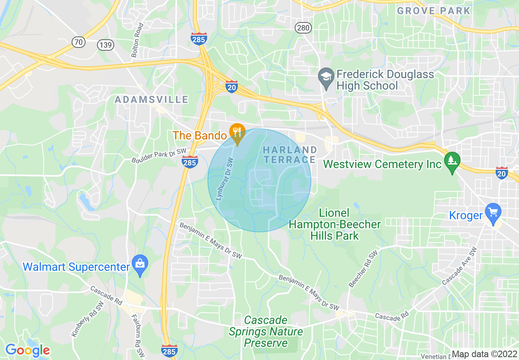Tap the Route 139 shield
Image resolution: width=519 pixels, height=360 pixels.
pos(106,45)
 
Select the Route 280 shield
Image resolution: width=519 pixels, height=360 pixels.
pos(303,28)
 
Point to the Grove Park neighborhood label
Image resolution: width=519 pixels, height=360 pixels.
pos(434,11)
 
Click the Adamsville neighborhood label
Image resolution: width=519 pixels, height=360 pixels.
pos(151,99)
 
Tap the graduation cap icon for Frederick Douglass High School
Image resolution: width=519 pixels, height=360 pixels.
pos(326,78)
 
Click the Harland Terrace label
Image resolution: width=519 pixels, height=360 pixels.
pos(290,155)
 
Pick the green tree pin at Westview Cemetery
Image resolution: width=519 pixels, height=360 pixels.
pos(452,161)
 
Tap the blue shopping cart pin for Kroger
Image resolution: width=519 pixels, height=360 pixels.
pos(493,213)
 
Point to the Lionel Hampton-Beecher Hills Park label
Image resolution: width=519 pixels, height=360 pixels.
pos(335,224)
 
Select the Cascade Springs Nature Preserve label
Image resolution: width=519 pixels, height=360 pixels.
pos(266,331)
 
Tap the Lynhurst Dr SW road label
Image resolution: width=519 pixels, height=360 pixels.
pos(224,179)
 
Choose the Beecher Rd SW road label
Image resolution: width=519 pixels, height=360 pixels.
pos(363,269)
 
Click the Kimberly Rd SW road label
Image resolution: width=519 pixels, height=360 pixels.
pos(88,319)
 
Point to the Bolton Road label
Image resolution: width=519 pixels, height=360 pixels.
pos(138,40)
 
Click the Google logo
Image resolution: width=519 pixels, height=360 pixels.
pos(27,350)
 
